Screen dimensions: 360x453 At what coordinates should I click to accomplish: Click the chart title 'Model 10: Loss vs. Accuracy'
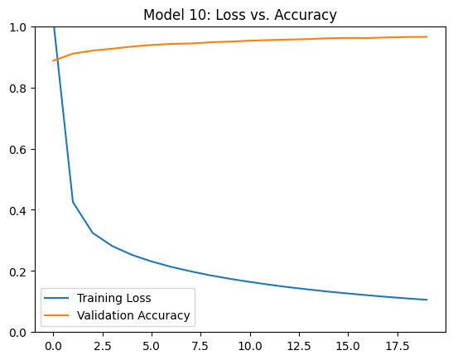click(x=240, y=15)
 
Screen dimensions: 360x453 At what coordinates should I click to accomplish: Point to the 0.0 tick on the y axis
click(x=18, y=333)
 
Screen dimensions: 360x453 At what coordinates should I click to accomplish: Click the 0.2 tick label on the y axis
click(x=18, y=271)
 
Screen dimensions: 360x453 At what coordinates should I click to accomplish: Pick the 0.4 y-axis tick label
click(x=18, y=210)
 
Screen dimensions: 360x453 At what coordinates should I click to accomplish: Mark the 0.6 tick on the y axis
click(x=18, y=149)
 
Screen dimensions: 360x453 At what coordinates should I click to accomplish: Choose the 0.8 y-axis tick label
click(x=18, y=88)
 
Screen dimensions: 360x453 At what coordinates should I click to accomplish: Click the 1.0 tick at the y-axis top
click(x=18, y=27)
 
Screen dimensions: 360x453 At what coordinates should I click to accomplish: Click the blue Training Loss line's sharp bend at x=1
click(x=73, y=202)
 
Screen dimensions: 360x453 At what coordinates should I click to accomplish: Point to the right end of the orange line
click(x=427, y=36)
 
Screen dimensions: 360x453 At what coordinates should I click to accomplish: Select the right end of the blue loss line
click(x=427, y=300)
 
